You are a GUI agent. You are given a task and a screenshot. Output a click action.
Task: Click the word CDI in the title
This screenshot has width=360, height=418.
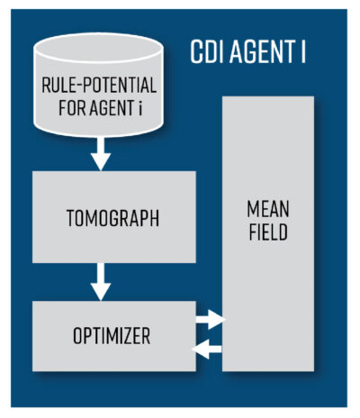pyautogui.click(x=208, y=51)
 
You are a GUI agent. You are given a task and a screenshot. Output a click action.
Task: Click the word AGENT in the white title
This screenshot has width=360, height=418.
pyautogui.click(x=262, y=51)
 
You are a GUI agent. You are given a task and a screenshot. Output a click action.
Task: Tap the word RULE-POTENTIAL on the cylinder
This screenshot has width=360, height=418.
pyautogui.click(x=99, y=85)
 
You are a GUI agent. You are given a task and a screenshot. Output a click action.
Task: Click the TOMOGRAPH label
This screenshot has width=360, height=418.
pyautogui.click(x=112, y=218)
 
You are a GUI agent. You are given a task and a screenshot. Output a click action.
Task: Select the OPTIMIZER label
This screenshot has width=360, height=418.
pyautogui.click(x=112, y=336)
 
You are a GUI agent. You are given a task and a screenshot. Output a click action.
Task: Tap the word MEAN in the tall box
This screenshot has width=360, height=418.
pyautogui.click(x=268, y=209)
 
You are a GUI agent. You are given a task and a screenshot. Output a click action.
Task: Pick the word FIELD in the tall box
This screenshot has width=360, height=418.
pyautogui.click(x=268, y=232)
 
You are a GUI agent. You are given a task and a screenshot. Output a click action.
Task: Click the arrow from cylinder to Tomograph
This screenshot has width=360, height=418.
pyautogui.click(x=101, y=154)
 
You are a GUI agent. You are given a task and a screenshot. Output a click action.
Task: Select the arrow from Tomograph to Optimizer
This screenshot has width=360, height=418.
pyautogui.click(x=101, y=282)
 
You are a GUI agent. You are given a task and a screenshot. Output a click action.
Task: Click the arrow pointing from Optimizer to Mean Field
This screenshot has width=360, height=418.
pyautogui.click(x=211, y=319)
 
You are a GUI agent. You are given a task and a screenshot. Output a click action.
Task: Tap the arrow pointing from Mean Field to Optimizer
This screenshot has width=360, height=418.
pyautogui.click(x=207, y=350)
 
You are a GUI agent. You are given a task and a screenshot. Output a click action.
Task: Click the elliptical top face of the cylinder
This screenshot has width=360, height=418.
pyautogui.click(x=99, y=48)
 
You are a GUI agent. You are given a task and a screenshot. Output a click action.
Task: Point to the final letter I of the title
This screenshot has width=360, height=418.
pyautogui.click(x=303, y=51)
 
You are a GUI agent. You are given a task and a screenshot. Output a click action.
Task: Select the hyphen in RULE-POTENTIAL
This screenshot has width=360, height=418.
pyautogui.click(x=78, y=86)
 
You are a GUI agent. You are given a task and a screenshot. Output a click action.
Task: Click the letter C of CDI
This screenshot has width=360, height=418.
pyautogui.click(x=196, y=51)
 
